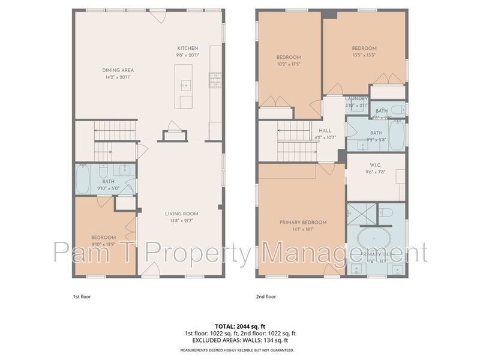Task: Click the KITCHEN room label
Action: point(187,49)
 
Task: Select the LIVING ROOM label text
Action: point(181,214)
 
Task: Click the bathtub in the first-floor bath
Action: point(83,178)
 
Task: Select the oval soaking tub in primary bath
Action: point(374,240)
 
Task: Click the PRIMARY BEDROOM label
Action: point(303,223)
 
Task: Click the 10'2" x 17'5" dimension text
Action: point(289,64)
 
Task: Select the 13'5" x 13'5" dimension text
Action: point(364,55)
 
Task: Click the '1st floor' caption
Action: point(81,296)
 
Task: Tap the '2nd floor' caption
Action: point(266,296)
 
